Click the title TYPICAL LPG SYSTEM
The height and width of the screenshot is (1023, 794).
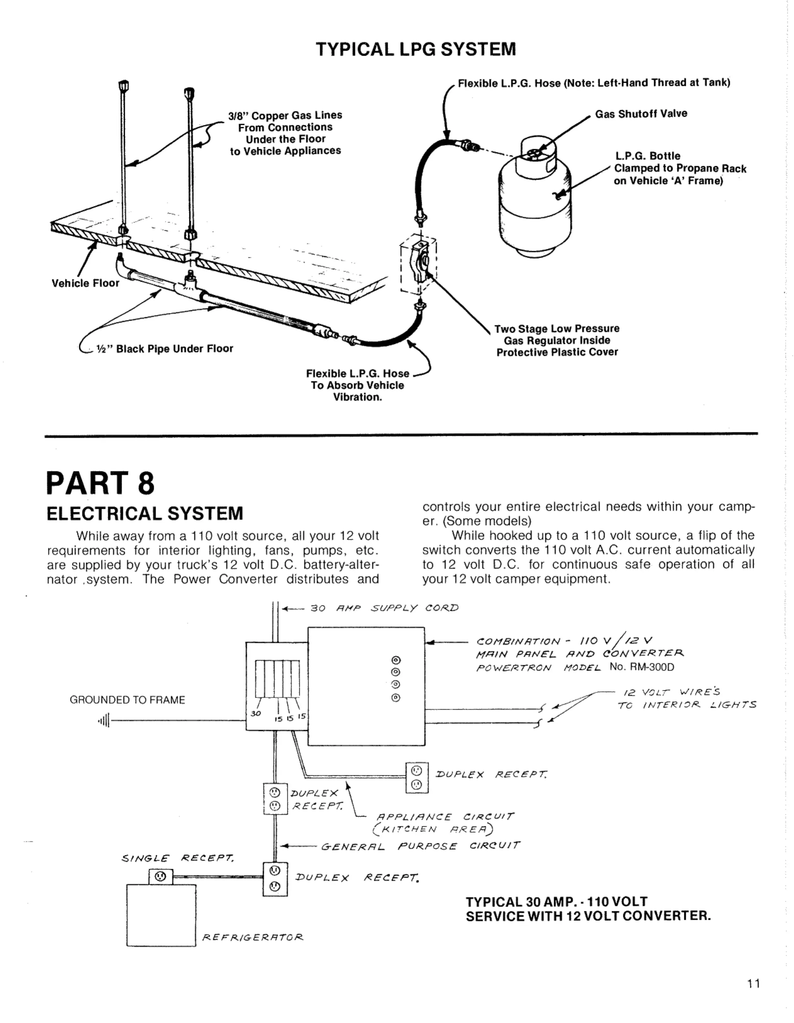416,49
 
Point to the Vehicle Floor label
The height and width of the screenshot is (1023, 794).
85,283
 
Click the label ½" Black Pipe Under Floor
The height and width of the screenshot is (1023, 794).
164,349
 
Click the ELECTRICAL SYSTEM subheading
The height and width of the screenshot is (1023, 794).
145,513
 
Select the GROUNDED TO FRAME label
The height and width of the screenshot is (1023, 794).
127,700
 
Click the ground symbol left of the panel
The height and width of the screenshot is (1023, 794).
104,720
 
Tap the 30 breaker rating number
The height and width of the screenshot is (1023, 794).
256,714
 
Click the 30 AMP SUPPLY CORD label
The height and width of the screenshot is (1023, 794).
384,608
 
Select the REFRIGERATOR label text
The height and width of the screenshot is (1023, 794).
253,937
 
